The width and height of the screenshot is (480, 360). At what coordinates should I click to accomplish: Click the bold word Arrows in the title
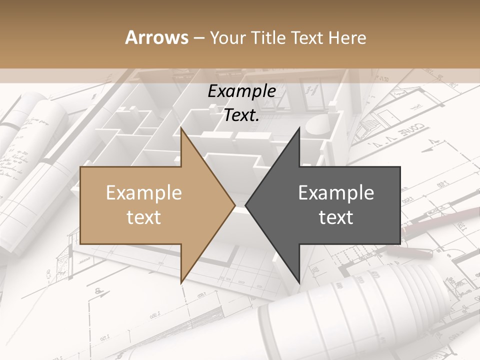pos(156,37)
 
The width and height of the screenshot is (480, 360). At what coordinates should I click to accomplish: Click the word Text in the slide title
pos(307,38)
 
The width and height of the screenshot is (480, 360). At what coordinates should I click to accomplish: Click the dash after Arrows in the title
pos(198,38)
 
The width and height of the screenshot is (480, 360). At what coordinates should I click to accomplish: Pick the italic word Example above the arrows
pos(241,91)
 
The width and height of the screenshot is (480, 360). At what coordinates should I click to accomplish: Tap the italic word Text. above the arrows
pos(241,115)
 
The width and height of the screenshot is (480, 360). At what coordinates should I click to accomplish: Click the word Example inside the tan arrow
pos(143,193)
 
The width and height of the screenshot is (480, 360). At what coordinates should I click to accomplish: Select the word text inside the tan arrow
pos(143,217)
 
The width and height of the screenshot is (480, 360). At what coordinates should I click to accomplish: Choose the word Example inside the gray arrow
pos(336,193)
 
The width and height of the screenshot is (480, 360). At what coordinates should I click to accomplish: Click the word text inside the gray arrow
pos(336,217)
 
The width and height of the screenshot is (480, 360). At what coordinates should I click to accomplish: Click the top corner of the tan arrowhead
pos(181,128)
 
